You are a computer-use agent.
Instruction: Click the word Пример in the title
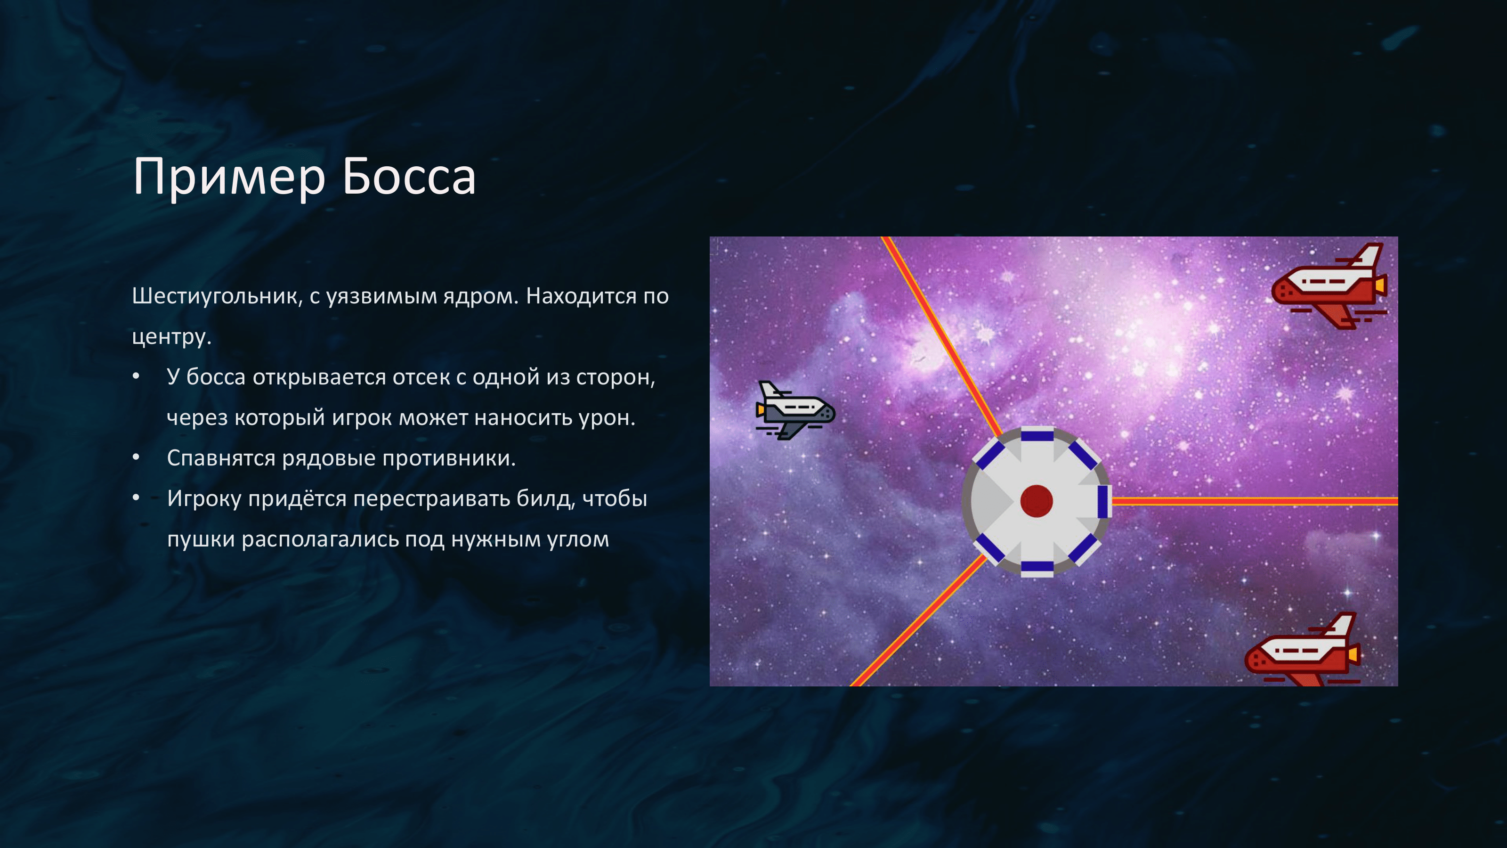(x=229, y=177)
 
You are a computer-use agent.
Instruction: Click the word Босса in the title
(x=409, y=176)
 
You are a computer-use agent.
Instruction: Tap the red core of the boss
(x=1037, y=501)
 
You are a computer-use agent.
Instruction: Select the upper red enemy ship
(x=1329, y=286)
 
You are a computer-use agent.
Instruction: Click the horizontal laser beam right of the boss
(x=1255, y=501)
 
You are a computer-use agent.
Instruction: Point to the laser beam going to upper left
(x=942, y=336)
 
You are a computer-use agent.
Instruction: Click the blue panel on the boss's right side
(x=1103, y=502)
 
